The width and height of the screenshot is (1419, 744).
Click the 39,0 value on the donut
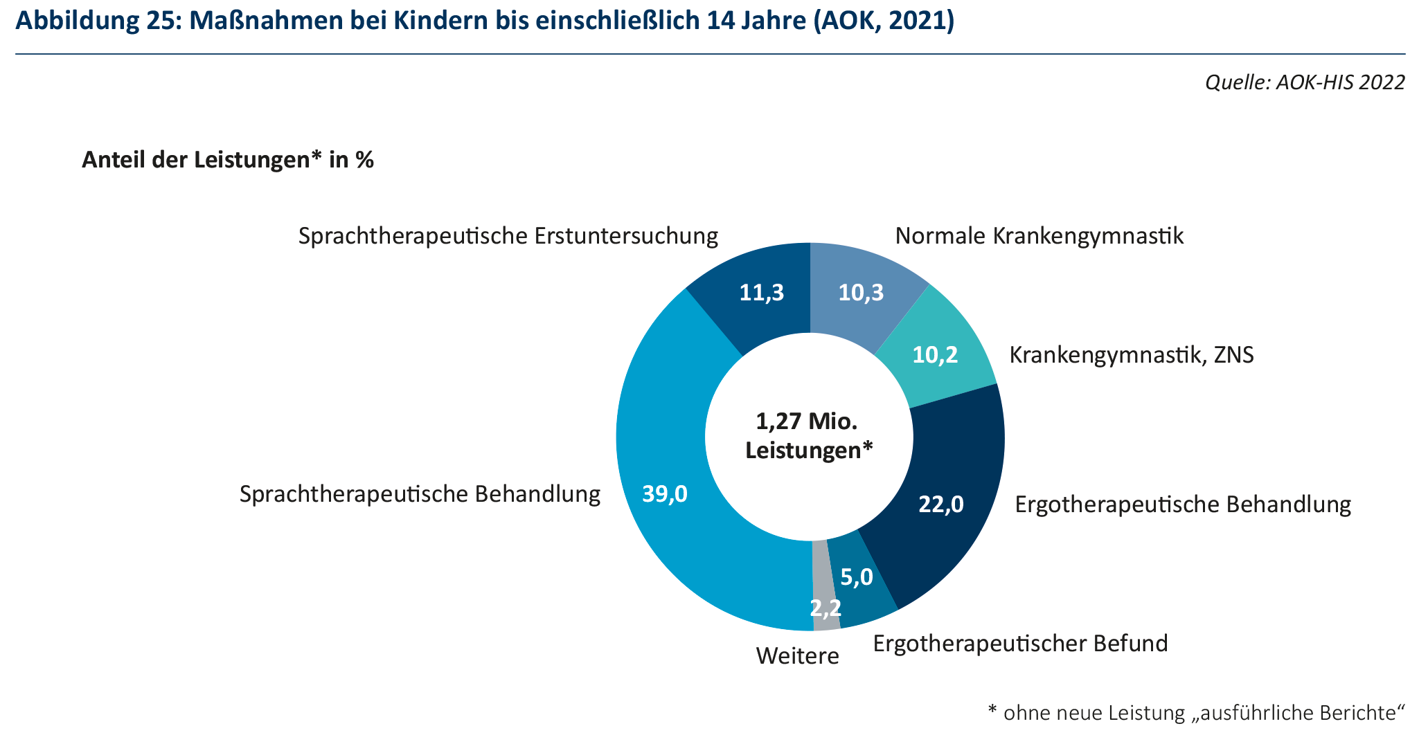pyautogui.click(x=665, y=493)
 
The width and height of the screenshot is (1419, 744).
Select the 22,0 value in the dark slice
pyautogui.click(x=940, y=504)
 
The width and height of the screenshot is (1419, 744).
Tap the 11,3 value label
pyautogui.click(x=762, y=293)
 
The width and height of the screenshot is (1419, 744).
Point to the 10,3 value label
pyautogui.click(x=861, y=293)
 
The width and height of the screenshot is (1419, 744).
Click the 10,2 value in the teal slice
pyautogui.click(x=935, y=355)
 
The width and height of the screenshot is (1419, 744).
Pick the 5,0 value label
pyautogui.click(x=857, y=577)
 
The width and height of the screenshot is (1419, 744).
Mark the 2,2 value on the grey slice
pyautogui.click(x=825, y=608)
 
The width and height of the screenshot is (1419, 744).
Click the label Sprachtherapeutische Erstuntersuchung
pyautogui.click(x=508, y=236)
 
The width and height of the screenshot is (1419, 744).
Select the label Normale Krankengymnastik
pyautogui.click(x=1039, y=236)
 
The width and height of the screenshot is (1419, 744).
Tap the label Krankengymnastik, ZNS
pyautogui.click(x=1131, y=355)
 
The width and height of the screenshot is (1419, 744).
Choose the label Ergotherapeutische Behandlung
pyautogui.click(x=1182, y=504)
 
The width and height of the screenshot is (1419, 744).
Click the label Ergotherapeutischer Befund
pyautogui.click(x=1020, y=643)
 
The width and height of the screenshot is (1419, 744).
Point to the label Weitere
pyautogui.click(x=797, y=655)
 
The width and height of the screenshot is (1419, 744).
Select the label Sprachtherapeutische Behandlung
pyautogui.click(x=420, y=494)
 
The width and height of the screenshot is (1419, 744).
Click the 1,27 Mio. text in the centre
pyautogui.click(x=807, y=421)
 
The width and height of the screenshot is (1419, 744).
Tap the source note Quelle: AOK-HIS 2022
pyautogui.click(x=1305, y=82)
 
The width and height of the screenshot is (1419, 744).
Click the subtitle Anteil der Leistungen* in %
pyautogui.click(x=228, y=160)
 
